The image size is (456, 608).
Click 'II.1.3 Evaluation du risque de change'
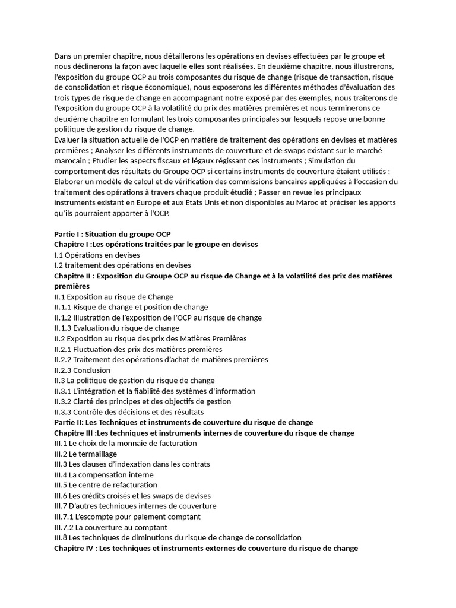[x=116, y=328]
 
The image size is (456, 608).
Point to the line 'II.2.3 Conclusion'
[x=82, y=370]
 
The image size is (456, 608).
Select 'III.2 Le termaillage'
[x=85, y=454]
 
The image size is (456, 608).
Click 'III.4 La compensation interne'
[x=103, y=474]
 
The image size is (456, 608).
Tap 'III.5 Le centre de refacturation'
[x=106, y=485]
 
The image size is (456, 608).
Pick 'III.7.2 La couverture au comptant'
[x=110, y=527]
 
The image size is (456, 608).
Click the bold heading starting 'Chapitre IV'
[x=205, y=548]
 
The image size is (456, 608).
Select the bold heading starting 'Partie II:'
[x=183, y=422]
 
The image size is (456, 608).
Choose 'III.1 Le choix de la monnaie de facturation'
[x=125, y=443]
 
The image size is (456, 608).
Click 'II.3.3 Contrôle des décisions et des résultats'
[x=129, y=411]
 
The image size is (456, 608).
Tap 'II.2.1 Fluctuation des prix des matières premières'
[x=138, y=349]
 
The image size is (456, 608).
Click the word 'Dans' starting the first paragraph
[x=63, y=56]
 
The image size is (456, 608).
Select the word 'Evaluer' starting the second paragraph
[x=68, y=140]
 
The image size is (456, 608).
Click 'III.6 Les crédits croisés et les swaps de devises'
[x=132, y=495]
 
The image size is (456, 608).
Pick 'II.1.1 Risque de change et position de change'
[x=131, y=307]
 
